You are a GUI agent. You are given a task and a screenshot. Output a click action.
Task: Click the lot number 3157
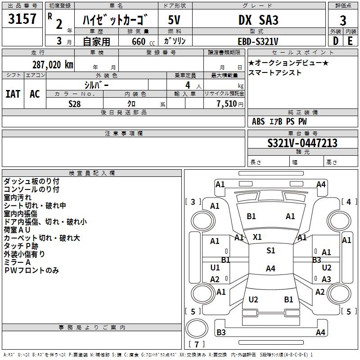pyautogui.click(x=22, y=19)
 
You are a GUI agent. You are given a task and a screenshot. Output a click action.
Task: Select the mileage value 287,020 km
pyautogui.click(x=53, y=65)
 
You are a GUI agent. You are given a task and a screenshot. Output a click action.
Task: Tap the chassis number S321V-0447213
pyautogui.click(x=302, y=143)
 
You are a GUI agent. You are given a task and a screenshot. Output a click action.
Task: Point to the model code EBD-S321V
pyautogui.click(x=258, y=41)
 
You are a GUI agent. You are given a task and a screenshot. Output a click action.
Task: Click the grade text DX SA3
pyautogui.click(x=258, y=20)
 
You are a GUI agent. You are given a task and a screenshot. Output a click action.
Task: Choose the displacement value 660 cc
pyautogui.click(x=143, y=41)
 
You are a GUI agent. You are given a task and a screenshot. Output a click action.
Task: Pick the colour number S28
pyautogui.click(x=75, y=104)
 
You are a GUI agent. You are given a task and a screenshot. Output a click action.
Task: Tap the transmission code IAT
pyautogui.click(x=13, y=94)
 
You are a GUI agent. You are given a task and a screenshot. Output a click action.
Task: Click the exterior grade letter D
pyautogui.click(x=336, y=41)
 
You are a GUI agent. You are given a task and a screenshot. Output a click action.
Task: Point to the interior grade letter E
pyautogui.click(x=350, y=41)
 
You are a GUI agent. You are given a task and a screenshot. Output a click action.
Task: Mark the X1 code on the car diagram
pyautogui.click(x=257, y=237)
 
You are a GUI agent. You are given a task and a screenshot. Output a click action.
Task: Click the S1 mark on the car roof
pyautogui.click(x=271, y=251)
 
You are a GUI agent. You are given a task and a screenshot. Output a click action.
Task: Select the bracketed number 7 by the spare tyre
pyautogui.click(x=197, y=344)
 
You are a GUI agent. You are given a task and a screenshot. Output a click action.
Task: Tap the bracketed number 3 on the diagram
pyautogui.click(x=193, y=202)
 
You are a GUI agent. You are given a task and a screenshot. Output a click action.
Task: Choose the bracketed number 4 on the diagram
pyautogui.click(x=349, y=202)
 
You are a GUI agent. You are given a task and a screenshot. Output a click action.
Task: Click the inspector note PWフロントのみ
pyautogui.click(x=31, y=270)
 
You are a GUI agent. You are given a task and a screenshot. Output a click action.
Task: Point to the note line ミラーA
pyautogui.click(x=17, y=262)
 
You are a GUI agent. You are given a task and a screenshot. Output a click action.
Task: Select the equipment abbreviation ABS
pyautogui.click(x=258, y=121)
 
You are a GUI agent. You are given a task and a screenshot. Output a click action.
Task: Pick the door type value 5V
pyautogui.click(x=174, y=20)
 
